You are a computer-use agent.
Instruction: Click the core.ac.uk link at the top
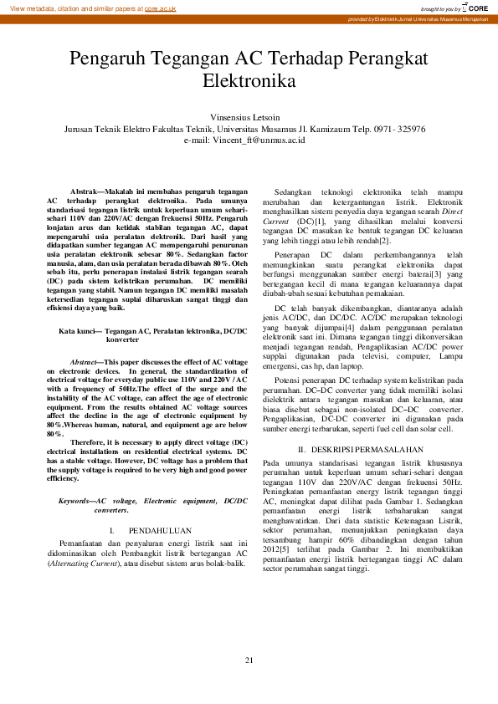point(160,8)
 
